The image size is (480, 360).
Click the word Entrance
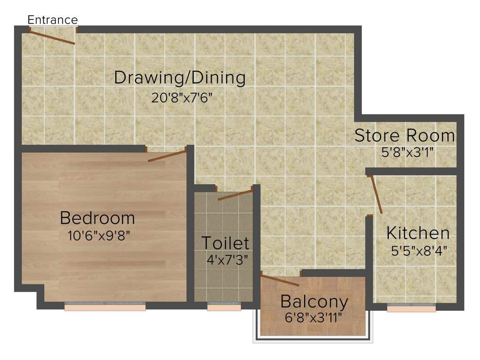(x=52, y=20)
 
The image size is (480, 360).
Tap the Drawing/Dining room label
(x=180, y=78)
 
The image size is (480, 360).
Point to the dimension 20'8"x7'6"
(x=185, y=98)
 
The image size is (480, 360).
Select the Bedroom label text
(x=97, y=218)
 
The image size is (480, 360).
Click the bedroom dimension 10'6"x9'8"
(x=98, y=235)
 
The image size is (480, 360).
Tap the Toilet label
(x=225, y=243)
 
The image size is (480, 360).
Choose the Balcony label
(x=314, y=302)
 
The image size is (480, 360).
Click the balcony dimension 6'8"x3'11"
(x=313, y=317)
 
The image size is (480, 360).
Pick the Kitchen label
(x=418, y=233)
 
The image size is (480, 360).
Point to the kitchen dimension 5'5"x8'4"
(x=419, y=250)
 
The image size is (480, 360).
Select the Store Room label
(x=405, y=135)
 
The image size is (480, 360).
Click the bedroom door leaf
(x=167, y=155)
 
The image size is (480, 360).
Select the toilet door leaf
(x=235, y=195)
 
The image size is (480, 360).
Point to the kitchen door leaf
(x=376, y=195)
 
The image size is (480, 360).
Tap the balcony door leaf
(x=280, y=281)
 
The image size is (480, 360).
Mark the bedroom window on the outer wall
(x=105, y=307)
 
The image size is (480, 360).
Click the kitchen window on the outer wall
(x=412, y=307)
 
